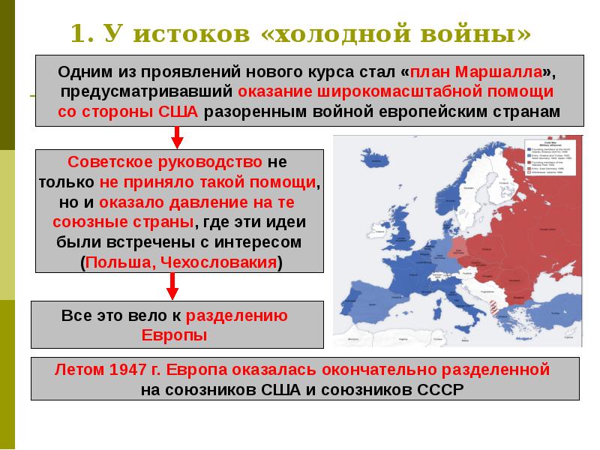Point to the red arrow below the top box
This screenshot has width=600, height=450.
(178, 136)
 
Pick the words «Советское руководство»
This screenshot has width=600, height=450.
(165, 162)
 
